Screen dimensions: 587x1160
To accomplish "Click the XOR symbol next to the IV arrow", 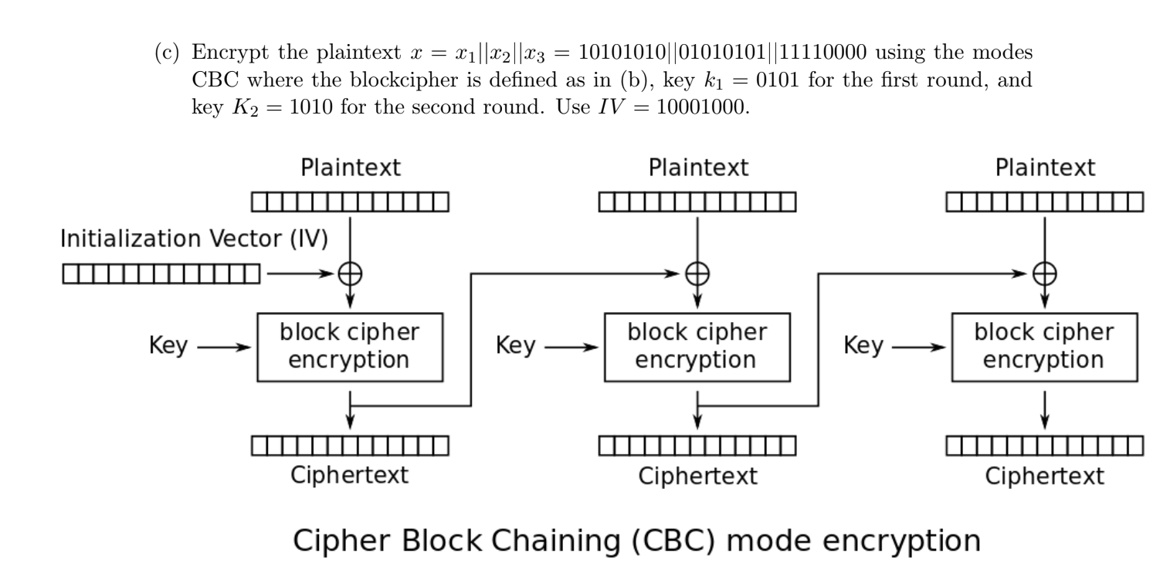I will (350, 273).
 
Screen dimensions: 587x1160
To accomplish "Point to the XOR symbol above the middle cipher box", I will (697, 273).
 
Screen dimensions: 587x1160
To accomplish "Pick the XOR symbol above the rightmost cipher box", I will (1045, 273).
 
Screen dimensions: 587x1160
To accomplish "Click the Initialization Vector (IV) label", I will (195, 239).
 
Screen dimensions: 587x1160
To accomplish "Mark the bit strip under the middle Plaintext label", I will (697, 202).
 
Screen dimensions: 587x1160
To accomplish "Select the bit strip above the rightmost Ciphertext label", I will (1045, 446).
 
